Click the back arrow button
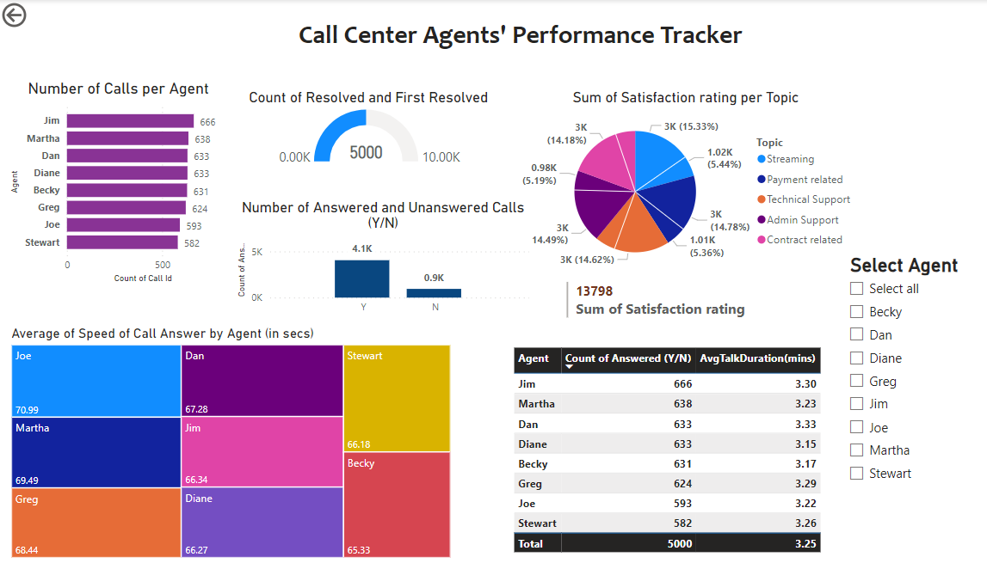point(15,15)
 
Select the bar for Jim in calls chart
point(130,122)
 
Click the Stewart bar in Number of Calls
point(122,242)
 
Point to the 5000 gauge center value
point(366,152)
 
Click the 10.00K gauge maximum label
point(441,157)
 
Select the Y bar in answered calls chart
point(361,278)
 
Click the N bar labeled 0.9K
point(434,292)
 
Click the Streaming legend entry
point(790,159)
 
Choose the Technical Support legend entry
point(808,199)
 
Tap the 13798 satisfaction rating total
point(595,291)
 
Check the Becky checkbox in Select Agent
point(856,311)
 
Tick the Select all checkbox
point(856,288)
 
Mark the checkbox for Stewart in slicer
point(856,473)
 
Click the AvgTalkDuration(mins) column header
point(757,358)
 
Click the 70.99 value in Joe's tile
point(28,409)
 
